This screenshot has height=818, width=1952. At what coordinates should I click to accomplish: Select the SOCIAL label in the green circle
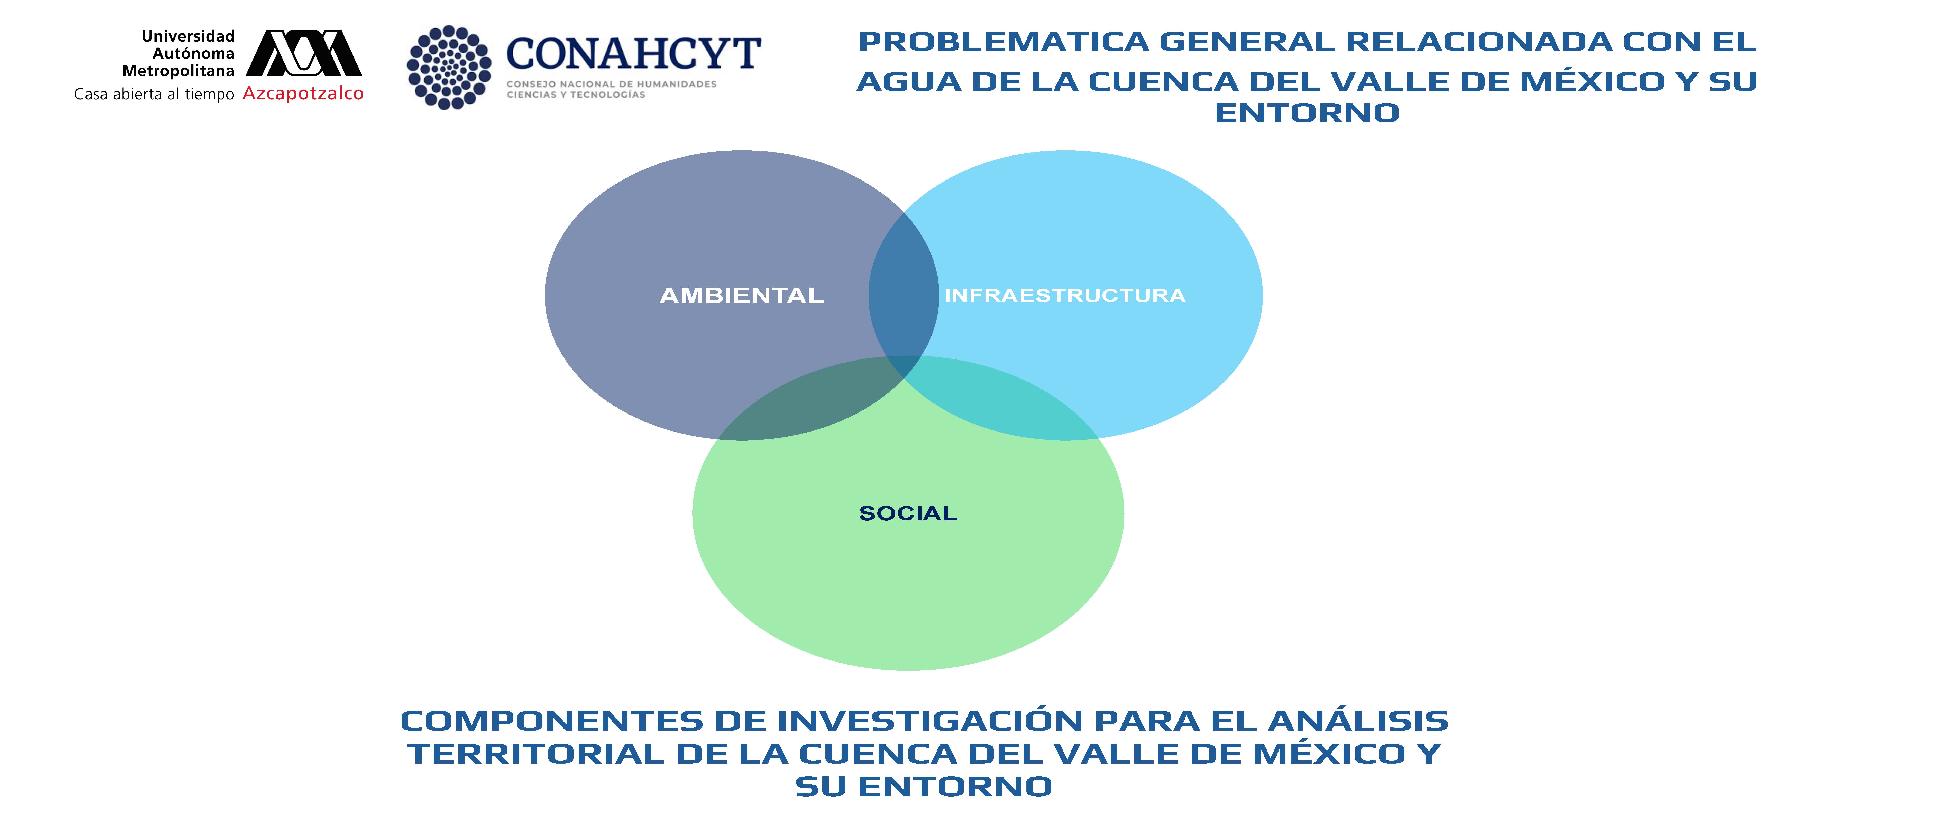[908, 513]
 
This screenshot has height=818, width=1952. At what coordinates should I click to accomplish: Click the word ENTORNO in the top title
[1306, 113]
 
